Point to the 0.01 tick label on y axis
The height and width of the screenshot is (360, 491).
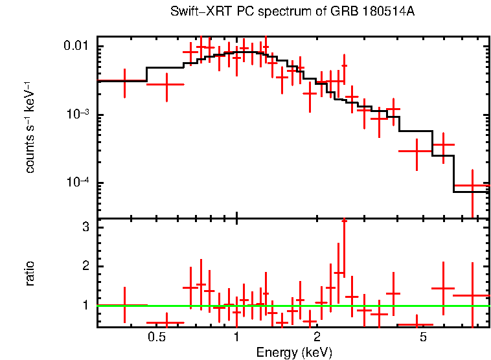tap(76, 47)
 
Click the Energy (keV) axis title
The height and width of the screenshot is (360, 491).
tap(294, 352)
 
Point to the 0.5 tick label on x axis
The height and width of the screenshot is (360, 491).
tap(155, 337)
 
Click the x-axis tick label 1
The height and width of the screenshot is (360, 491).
tap(237, 337)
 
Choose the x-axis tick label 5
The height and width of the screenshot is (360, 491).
tap(423, 337)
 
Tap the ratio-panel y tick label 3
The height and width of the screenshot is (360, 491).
tap(85, 228)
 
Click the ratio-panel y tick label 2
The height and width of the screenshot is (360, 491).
tap(85, 266)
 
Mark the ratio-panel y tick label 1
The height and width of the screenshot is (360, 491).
tap(85, 304)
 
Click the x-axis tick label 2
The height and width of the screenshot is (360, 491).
tap(317, 337)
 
